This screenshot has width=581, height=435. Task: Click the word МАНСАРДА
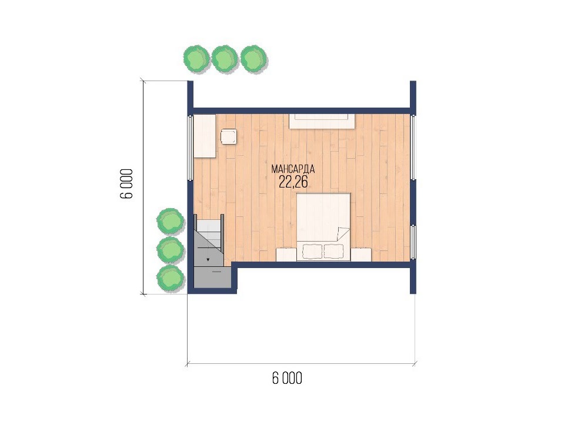(293, 169)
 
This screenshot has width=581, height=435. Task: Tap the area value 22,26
(293, 182)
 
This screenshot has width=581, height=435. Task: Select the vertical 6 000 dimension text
(126, 184)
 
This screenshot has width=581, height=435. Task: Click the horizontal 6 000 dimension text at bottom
(287, 379)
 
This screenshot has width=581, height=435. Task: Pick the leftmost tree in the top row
(197, 59)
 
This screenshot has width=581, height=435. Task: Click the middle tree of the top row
(225, 59)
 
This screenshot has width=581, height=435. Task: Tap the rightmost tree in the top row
(254, 59)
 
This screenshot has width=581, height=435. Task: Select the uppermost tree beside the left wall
(171, 221)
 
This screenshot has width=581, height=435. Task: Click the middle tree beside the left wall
(171, 249)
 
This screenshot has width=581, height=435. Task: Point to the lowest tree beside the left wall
(171, 277)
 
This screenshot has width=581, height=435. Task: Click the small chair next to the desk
(229, 136)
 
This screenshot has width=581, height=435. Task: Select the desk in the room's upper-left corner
(205, 136)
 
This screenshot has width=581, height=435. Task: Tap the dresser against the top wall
(322, 121)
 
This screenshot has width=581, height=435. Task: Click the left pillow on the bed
(312, 251)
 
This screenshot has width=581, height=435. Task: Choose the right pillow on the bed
(334, 251)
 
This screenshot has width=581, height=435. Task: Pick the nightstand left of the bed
(286, 255)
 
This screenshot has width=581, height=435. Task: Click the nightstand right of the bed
(361, 255)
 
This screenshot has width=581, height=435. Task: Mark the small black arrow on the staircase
(208, 259)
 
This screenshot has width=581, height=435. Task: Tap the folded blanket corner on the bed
(342, 234)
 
